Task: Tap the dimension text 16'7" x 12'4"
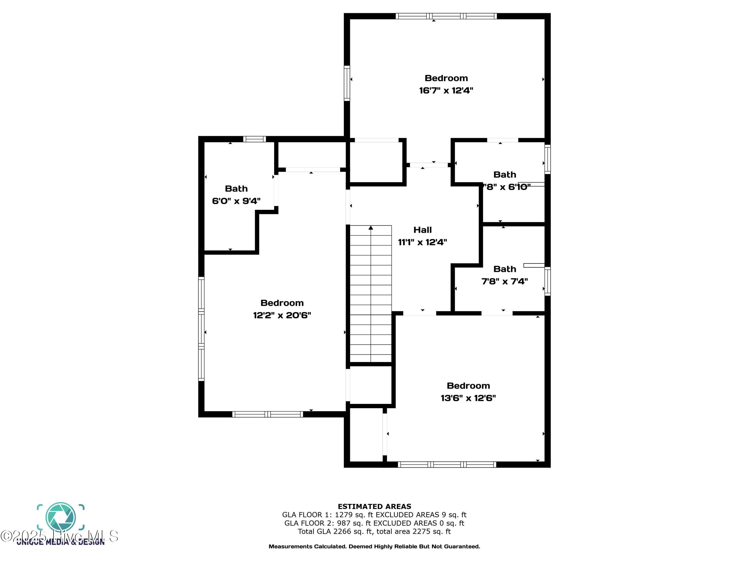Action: [446, 90]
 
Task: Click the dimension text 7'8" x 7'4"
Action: [505, 281]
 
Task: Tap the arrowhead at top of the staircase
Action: [371, 228]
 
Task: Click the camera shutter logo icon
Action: [61, 517]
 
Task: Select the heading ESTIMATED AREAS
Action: [374, 507]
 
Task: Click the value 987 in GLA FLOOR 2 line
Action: [344, 523]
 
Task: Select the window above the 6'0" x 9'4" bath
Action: [254, 139]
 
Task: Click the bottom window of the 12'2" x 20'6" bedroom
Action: [267, 414]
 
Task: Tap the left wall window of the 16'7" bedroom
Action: [347, 83]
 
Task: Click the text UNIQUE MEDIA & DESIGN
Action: [61, 542]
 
